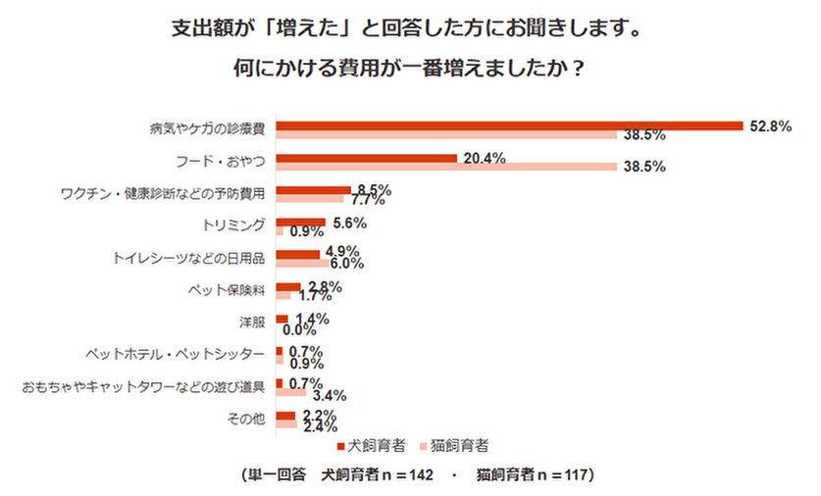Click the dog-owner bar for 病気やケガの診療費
(509, 125)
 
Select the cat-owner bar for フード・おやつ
(446, 167)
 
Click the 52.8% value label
(770, 125)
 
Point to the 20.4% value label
(484, 158)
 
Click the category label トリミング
(234, 225)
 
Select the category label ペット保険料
(228, 290)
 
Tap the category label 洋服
(252, 322)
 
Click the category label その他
(247, 420)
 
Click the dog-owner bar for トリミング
(300, 223)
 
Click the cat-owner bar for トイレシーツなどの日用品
(302, 263)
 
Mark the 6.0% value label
(348, 264)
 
